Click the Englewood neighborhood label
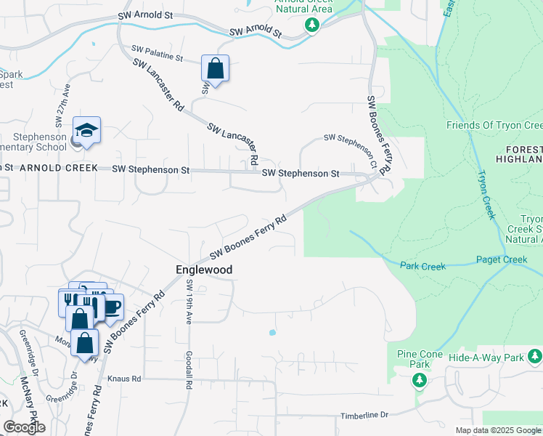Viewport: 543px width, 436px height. coord(204,270)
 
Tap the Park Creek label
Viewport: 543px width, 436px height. coord(422,266)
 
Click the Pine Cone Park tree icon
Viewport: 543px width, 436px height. coord(419,379)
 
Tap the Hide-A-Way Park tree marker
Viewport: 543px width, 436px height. coord(534,356)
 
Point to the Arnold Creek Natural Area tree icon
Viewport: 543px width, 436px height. coord(312,25)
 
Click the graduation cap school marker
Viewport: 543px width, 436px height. coord(86,131)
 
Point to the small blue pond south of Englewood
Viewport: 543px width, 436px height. coord(272,333)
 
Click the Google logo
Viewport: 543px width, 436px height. coord(24,427)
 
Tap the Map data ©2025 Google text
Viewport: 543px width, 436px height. coord(498,430)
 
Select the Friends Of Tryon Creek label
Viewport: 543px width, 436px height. coord(494,125)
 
